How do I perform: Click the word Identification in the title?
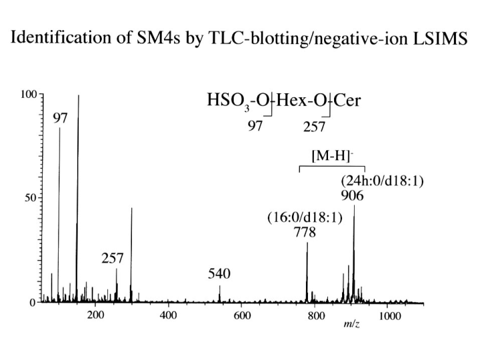(60, 37)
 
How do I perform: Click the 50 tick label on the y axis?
(31, 198)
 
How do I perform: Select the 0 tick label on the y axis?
(33, 303)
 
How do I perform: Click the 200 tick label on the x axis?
(95, 315)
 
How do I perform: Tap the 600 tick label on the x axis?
(242, 315)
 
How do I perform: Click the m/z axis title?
(351, 323)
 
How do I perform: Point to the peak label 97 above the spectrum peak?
(60, 118)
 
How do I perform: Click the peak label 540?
(219, 274)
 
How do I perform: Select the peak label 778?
(305, 233)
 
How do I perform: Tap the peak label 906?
(353, 195)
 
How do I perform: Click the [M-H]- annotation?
(333, 156)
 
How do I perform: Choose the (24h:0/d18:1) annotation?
(383, 181)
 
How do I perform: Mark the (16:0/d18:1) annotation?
(305, 218)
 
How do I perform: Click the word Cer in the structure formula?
(347, 100)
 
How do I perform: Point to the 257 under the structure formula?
(315, 127)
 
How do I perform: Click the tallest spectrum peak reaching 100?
(78, 199)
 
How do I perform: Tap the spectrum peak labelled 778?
(307, 273)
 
